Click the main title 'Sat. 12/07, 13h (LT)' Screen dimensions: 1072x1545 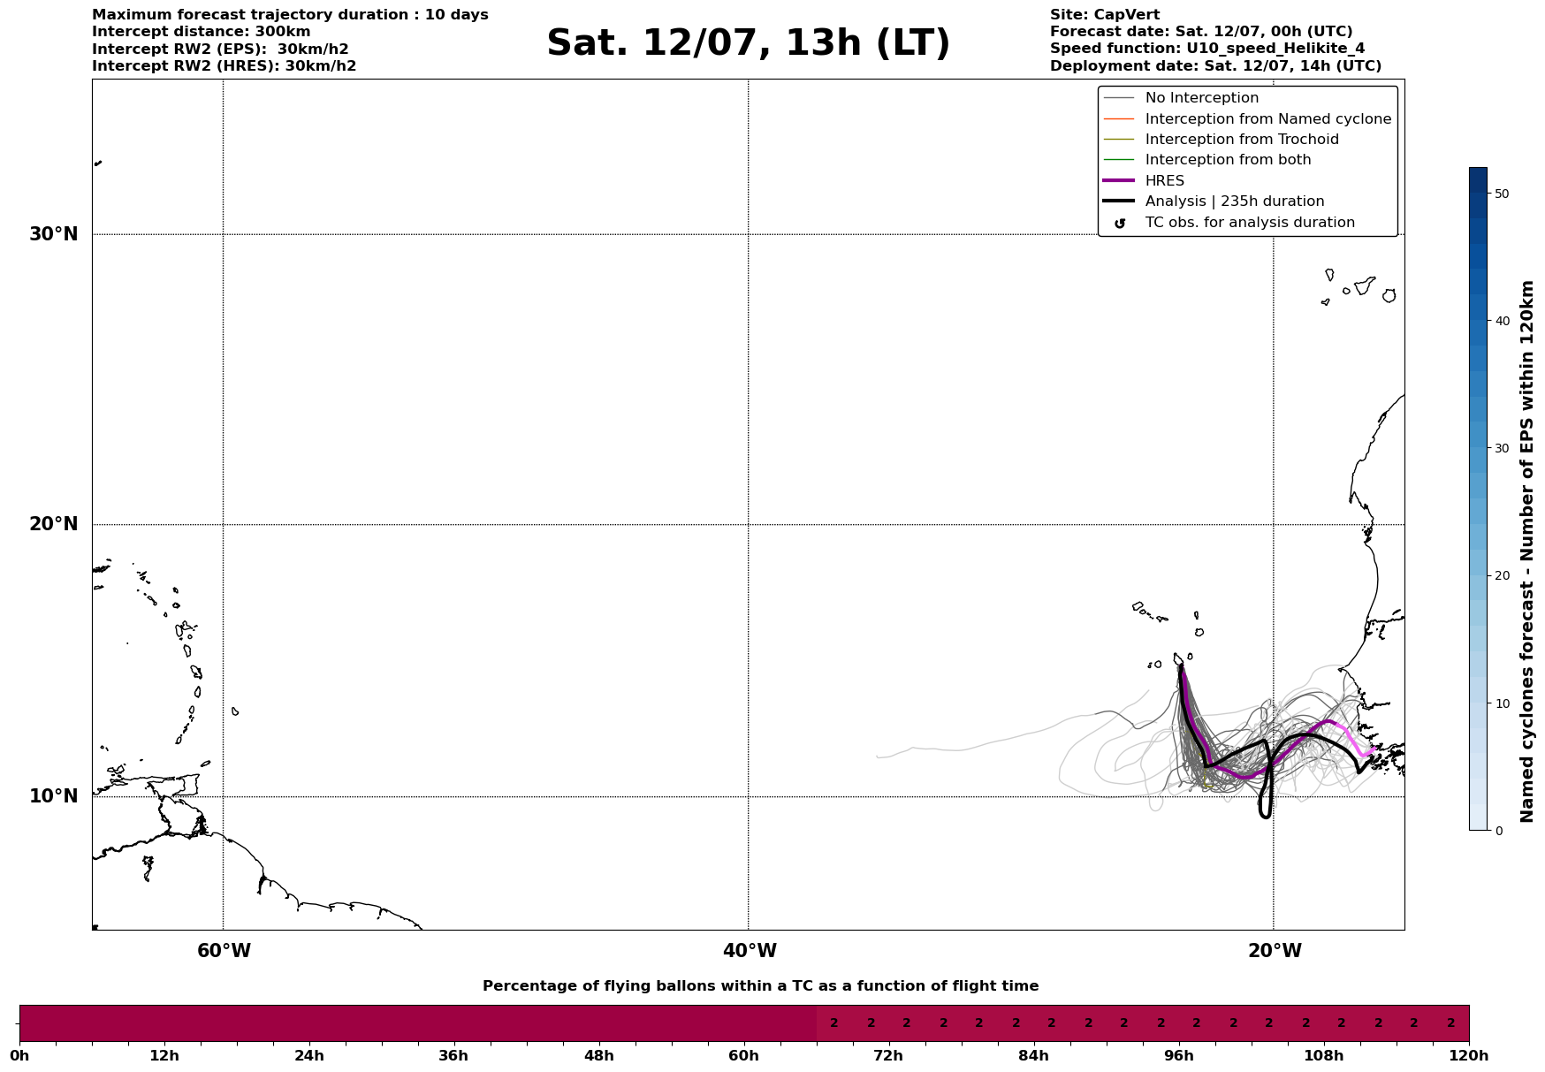click(x=748, y=43)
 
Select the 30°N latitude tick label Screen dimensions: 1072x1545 click(x=54, y=234)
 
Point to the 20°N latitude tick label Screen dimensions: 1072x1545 click(x=54, y=524)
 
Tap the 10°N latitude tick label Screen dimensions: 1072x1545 click(x=54, y=796)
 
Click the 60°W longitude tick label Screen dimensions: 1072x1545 click(x=224, y=951)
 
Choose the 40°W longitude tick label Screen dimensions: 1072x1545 click(x=750, y=951)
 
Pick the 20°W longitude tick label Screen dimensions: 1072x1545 click(x=1275, y=951)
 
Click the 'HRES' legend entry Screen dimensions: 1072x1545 click(x=1164, y=181)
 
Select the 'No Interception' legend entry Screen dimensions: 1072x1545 click(x=1201, y=98)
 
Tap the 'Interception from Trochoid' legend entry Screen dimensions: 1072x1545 click(x=1241, y=140)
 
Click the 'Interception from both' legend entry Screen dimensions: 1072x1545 click(x=1228, y=160)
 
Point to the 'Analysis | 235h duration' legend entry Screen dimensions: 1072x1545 click(x=1234, y=201)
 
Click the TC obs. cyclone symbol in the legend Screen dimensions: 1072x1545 click(x=1120, y=223)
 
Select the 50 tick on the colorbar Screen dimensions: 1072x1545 click(x=1501, y=194)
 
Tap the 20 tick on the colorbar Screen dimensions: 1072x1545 click(x=1501, y=575)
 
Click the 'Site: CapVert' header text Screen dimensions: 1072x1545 click(x=1104, y=15)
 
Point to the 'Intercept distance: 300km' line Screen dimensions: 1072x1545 click(x=201, y=32)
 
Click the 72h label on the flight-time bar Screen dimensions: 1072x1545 click(x=888, y=1055)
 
